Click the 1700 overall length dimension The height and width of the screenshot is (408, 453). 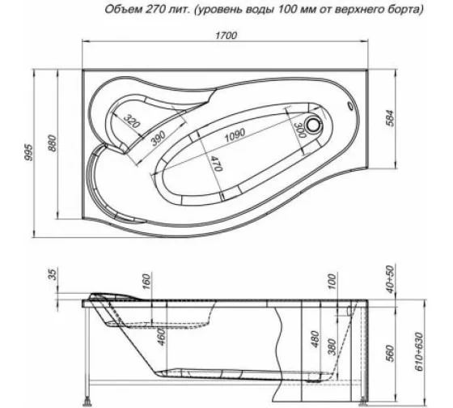click(x=227, y=35)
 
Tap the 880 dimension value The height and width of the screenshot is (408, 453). click(x=53, y=143)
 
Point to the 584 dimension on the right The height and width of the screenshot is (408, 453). click(x=391, y=117)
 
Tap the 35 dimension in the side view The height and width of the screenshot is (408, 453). click(x=53, y=276)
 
